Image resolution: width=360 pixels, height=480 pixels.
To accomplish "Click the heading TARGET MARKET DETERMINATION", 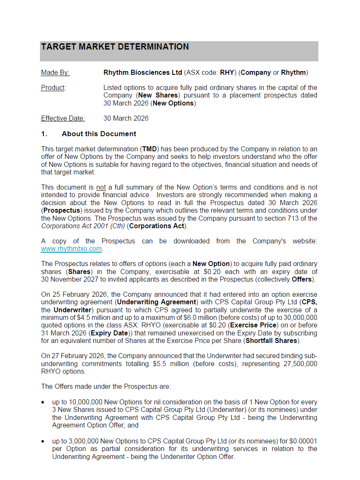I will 115,47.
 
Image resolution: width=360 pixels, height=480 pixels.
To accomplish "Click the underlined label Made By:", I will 55,73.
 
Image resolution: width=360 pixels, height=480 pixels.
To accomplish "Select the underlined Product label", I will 53,88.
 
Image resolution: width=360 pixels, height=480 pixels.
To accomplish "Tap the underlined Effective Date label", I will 63,119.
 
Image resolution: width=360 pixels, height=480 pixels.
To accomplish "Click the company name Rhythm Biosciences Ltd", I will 143,73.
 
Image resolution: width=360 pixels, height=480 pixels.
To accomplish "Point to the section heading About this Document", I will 99,134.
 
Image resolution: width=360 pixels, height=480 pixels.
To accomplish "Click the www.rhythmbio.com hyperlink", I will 71,249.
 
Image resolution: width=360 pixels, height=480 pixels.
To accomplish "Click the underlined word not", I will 101,187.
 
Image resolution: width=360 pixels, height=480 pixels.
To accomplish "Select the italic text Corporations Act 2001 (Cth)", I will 83,226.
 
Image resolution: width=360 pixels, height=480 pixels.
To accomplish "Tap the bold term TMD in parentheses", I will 149,149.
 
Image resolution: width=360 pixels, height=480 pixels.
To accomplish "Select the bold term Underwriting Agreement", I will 156,302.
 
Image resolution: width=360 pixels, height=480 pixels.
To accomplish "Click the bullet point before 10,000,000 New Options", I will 43,403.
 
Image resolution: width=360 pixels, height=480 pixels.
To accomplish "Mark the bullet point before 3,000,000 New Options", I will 43,441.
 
